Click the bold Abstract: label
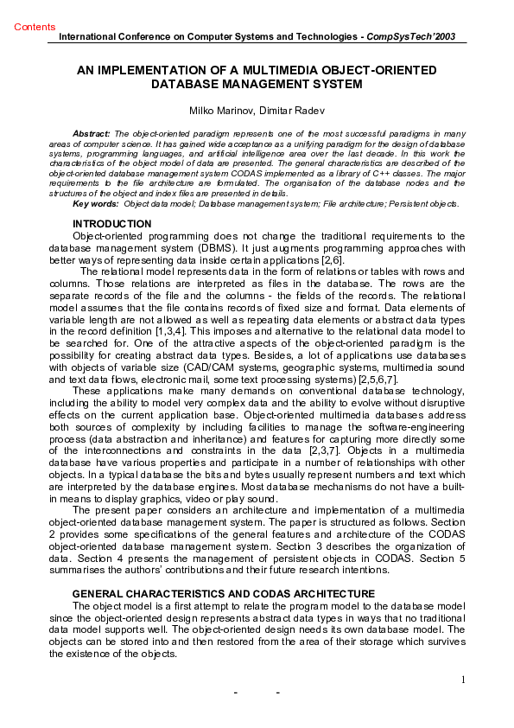click(x=91, y=134)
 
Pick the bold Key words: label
click(x=96, y=204)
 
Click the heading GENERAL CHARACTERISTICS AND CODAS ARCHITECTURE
click(x=223, y=594)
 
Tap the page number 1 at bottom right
click(x=463, y=680)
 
